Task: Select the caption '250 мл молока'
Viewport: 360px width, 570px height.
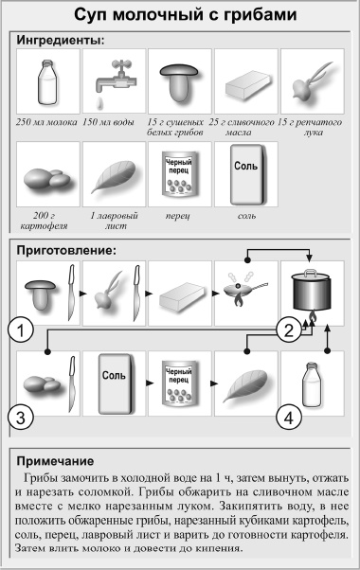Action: (46, 122)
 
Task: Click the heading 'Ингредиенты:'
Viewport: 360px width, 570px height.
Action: (60, 41)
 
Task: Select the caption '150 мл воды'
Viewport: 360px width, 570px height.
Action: (112, 122)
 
